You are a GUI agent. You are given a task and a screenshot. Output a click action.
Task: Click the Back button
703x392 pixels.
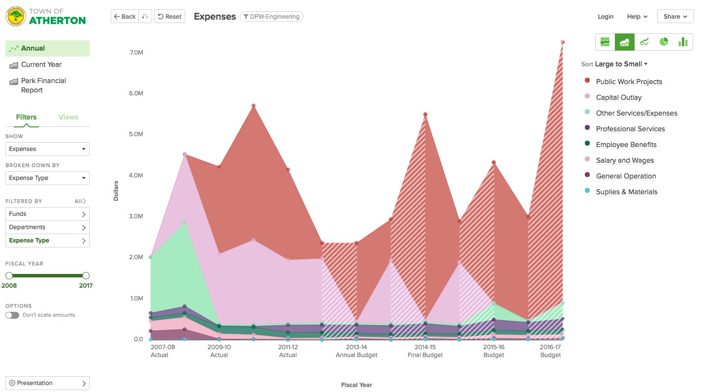point(125,17)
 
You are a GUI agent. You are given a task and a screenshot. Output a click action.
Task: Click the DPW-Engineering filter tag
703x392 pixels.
point(271,17)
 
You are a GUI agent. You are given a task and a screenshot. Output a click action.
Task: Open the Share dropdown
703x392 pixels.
point(674,17)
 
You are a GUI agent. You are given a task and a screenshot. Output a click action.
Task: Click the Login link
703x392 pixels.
point(605,17)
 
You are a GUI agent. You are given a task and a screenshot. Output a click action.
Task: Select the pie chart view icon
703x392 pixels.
point(664,42)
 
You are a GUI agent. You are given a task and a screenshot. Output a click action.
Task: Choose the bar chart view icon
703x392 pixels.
point(683,42)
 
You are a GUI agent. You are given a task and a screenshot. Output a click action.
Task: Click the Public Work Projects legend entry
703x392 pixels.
point(629,82)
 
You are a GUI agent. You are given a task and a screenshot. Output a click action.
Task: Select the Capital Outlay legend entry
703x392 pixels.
point(618,97)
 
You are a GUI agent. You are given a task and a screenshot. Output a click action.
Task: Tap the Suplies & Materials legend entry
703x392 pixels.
point(626,192)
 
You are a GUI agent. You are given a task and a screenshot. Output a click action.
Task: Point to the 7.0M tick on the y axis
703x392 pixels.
point(136,52)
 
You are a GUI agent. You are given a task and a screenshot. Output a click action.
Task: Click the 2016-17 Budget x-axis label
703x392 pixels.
point(550,351)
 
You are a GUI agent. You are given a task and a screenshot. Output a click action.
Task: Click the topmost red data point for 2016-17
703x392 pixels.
point(562,42)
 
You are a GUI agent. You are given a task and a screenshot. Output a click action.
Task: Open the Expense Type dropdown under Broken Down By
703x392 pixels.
point(47,178)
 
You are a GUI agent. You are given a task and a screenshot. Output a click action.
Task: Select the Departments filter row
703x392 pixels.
point(47,227)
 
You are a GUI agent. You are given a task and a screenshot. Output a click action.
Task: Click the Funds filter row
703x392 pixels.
point(47,214)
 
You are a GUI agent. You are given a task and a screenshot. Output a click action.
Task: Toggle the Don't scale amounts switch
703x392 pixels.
point(12,315)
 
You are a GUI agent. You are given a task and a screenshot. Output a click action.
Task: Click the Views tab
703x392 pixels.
point(68,117)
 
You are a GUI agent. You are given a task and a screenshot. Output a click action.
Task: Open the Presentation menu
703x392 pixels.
point(47,383)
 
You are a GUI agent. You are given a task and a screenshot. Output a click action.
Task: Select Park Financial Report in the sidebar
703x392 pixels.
point(43,85)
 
